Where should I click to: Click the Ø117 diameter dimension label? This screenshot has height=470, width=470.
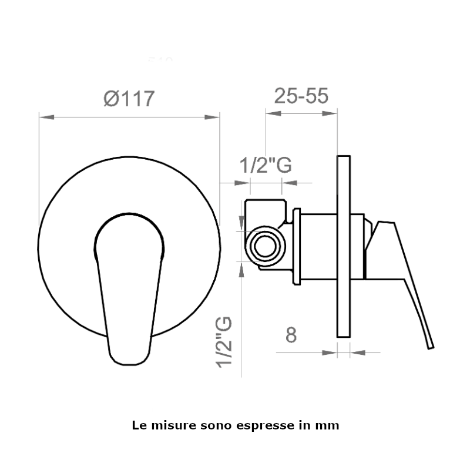129,98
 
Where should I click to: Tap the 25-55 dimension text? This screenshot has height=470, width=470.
301,96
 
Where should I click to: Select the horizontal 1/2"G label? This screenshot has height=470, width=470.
266,165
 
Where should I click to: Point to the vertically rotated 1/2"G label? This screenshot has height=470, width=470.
224,342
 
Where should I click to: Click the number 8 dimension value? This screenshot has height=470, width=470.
291,335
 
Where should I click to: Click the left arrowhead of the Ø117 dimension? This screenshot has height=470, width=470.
47,117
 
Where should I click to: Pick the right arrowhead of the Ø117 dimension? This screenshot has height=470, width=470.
212,117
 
